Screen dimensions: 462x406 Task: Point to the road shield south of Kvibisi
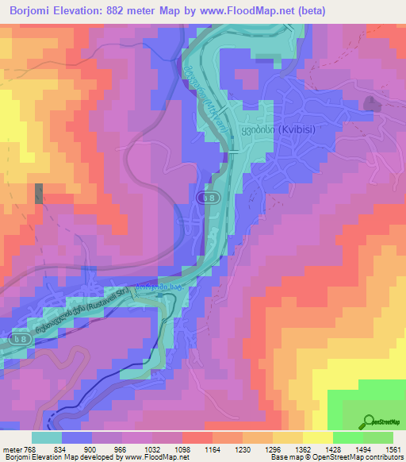coord(208,197)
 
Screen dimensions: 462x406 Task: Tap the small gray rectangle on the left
coord(38,194)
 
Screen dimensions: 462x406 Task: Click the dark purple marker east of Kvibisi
coord(371,102)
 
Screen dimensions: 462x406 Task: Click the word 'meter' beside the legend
coord(10,449)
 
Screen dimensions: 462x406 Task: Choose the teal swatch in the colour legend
coord(46,437)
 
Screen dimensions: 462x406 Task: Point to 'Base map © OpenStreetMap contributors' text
coord(337,457)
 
